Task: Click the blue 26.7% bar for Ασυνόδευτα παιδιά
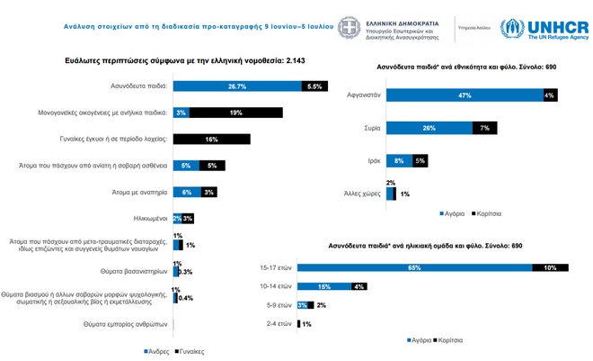(x=237, y=86)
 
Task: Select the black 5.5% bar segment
(x=314, y=86)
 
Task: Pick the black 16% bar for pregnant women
(x=212, y=140)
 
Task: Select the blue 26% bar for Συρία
(x=429, y=128)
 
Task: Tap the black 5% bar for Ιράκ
(x=420, y=161)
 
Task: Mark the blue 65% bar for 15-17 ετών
(x=414, y=267)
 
